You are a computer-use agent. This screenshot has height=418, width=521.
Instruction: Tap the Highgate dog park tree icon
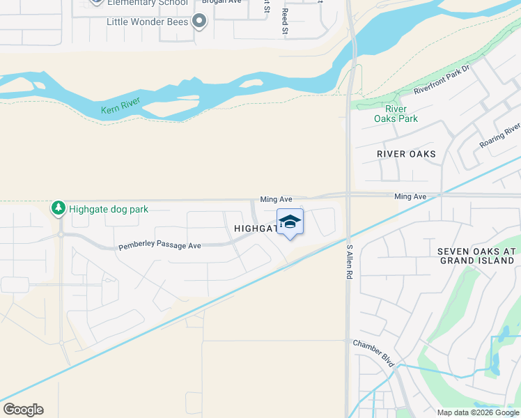59,208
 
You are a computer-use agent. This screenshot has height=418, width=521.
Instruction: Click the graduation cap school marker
290,222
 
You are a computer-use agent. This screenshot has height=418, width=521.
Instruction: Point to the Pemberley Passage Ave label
160,246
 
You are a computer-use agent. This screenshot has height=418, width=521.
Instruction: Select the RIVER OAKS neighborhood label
406,153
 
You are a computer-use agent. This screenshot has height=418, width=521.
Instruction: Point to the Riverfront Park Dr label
442,81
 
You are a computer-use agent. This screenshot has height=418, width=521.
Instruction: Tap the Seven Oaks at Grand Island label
476,256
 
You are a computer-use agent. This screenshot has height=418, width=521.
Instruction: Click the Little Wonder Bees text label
148,22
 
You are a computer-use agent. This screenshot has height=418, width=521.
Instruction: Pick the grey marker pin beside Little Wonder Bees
200,21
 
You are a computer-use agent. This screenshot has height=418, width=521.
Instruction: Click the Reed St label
284,21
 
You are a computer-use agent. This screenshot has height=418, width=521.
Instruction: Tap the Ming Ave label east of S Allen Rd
410,197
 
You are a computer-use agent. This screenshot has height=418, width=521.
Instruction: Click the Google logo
23,410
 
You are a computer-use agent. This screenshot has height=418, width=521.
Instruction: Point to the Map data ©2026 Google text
477,412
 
